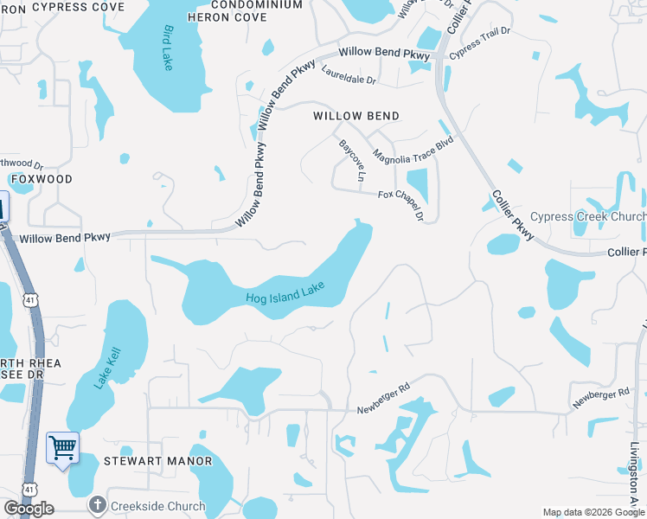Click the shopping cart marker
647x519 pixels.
62,447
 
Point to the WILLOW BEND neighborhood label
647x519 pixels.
356,116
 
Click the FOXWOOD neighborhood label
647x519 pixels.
42,178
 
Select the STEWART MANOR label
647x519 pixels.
145,461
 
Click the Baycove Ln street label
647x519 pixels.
352,160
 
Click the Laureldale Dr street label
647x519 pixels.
349,75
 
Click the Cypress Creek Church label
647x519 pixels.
587,216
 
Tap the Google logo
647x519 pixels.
29,509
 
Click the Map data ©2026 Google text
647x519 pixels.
593,512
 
